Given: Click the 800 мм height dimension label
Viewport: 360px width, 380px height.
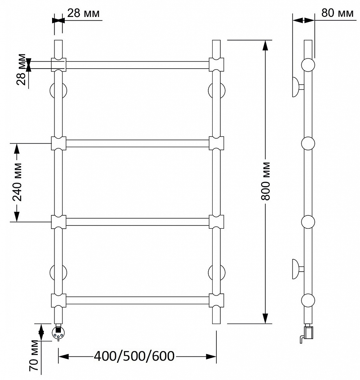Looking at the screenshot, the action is coord(266,181).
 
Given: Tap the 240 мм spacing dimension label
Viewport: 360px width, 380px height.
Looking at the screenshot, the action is coord(17,182).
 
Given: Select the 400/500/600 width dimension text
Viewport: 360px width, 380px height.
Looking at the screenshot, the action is coord(134,356).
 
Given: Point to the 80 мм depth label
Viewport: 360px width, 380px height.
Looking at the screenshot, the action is coord(337,13).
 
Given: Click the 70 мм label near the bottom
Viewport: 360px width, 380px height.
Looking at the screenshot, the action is coord(34,355).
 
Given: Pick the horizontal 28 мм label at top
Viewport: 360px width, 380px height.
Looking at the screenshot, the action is coord(83,13).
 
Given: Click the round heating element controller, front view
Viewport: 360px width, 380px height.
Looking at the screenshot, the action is coord(58,333).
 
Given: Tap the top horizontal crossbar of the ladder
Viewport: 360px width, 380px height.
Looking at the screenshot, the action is coord(138,65).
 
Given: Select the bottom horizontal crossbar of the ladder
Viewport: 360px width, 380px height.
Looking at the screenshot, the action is coord(138,300).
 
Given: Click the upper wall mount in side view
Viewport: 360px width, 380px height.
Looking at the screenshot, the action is coord(297,87).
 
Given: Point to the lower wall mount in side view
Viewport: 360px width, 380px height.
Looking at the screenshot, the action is coord(297,269).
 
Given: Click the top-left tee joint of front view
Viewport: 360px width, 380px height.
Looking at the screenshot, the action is coord(58,65).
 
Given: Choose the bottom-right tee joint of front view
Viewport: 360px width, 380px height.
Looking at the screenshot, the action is coord(216,300).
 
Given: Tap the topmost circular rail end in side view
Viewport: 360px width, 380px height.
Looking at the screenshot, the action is coord(308,65).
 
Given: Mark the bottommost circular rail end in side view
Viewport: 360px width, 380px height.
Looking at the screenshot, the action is coord(308,300).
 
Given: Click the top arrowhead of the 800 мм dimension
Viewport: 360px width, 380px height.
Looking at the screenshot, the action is coord(266,45).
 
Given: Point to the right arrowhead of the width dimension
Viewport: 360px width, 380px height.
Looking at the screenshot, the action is coord(211,356).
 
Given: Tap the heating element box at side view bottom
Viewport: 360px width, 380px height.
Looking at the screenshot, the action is coord(309,332).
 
